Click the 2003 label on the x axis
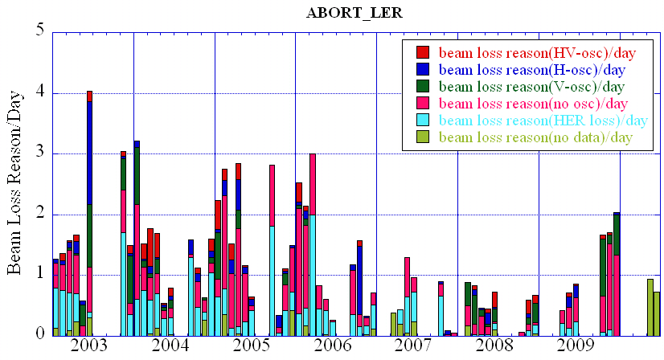(88, 346)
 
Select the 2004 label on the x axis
(170, 346)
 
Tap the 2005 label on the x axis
(251, 346)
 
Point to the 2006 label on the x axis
(332, 346)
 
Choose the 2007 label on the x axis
(413, 346)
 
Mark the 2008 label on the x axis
(494, 346)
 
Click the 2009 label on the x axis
(576, 346)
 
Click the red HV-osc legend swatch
(423, 52)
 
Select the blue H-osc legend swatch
(423, 70)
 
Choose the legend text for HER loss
(543, 121)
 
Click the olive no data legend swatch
(423, 137)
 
